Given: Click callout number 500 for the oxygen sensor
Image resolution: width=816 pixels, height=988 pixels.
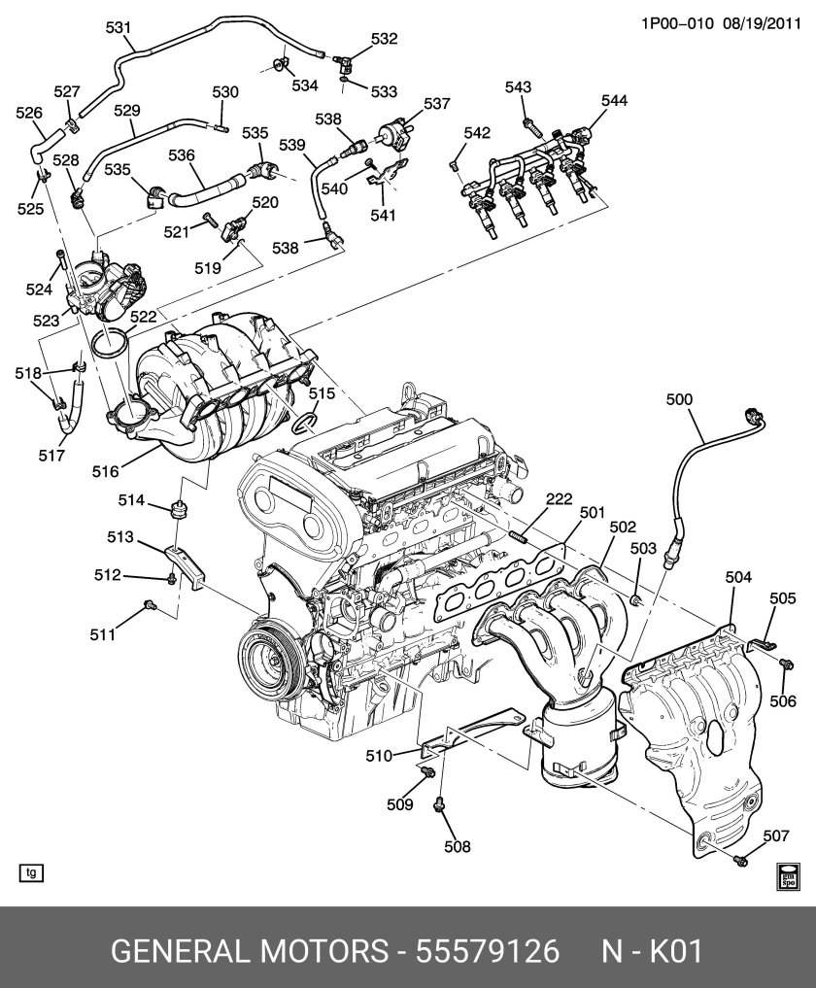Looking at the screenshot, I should click(x=680, y=398).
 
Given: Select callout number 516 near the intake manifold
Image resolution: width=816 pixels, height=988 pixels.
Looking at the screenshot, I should click(x=105, y=471).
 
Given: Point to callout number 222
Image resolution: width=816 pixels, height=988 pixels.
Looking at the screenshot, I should click(x=559, y=499).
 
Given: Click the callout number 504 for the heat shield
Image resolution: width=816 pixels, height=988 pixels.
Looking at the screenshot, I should click(x=738, y=578).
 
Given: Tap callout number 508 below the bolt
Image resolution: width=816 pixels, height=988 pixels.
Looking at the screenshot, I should click(x=457, y=846).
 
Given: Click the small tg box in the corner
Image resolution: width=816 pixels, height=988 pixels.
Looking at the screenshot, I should click(x=32, y=872).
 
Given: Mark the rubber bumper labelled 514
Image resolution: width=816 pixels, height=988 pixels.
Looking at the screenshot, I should click(x=177, y=508).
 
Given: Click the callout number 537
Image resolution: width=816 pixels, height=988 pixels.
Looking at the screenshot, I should click(x=437, y=104).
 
